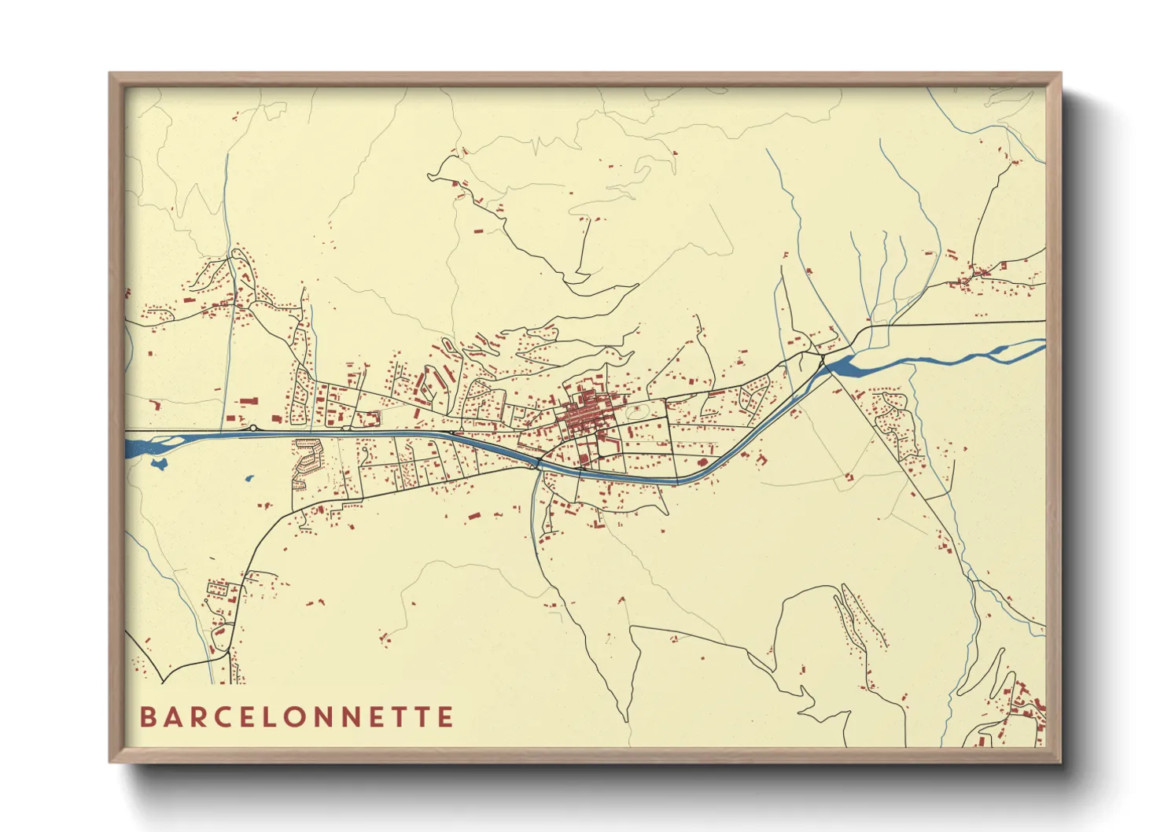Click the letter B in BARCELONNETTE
pyautogui.click(x=147, y=717)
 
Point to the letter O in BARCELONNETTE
pyautogui.click(x=307, y=717)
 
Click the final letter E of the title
pyautogui.click(x=446, y=717)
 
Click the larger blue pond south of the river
pyautogui.click(x=160, y=464)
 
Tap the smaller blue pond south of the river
pyautogui.click(x=249, y=477)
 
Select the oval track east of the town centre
pyautogui.click(x=636, y=410)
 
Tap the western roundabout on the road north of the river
pyautogui.click(x=253, y=429)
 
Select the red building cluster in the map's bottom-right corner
pyautogui.click(x=1026, y=712)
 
